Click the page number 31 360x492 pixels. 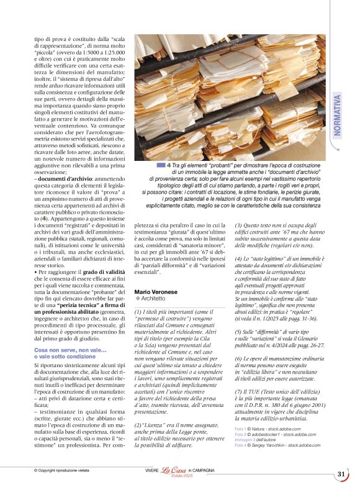[341, 473]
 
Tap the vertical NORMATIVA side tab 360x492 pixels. [338, 115]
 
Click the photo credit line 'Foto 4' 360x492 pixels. [240, 446]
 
